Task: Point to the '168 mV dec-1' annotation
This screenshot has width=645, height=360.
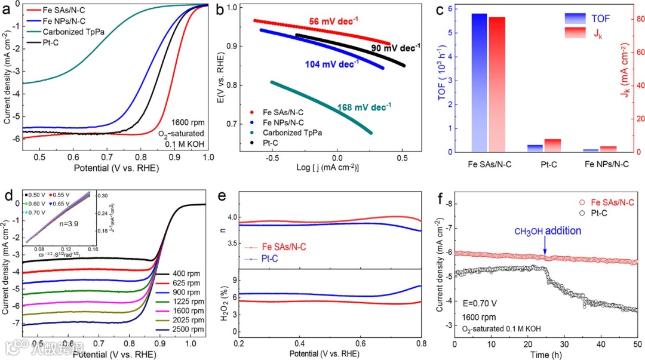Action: click(x=364, y=107)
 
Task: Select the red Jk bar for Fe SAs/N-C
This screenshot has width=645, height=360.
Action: click(x=497, y=84)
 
